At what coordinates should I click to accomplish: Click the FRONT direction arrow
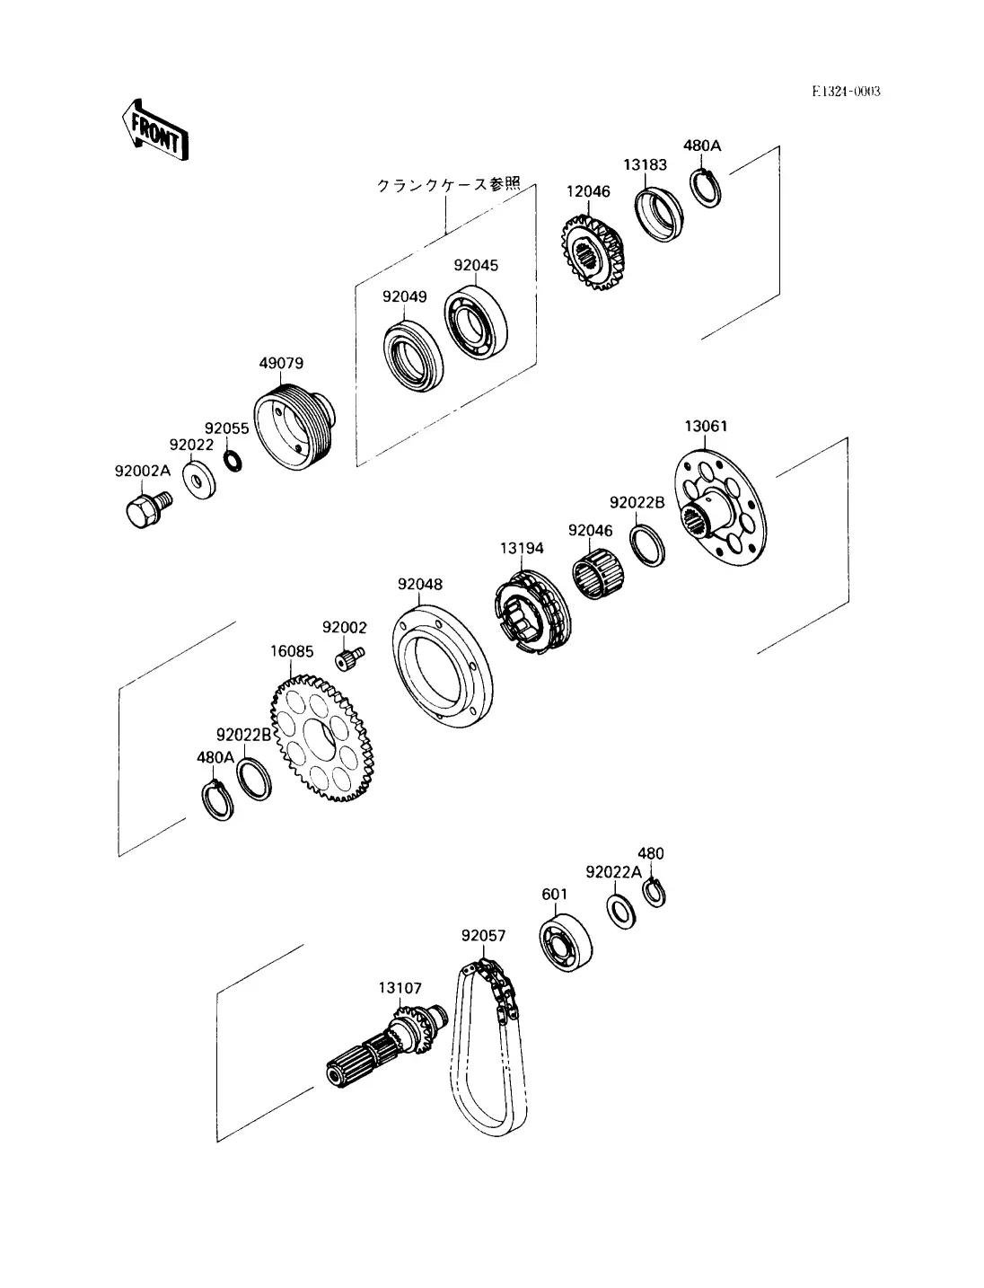click(155, 130)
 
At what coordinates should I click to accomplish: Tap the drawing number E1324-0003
click(847, 91)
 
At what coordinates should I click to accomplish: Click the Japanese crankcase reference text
click(448, 184)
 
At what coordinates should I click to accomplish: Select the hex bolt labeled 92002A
click(148, 509)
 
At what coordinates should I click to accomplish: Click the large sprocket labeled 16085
click(322, 737)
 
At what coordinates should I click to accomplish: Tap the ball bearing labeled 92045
click(476, 322)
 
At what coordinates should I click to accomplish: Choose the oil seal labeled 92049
click(413, 357)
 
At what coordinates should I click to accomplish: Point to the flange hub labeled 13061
click(720, 507)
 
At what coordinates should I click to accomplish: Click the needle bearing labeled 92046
click(598, 572)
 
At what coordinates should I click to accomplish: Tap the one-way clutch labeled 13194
click(532, 612)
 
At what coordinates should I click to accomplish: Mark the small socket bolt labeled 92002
click(349, 657)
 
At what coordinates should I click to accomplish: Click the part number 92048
click(420, 584)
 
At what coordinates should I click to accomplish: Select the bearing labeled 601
click(566, 942)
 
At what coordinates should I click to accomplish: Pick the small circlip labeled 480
click(654, 894)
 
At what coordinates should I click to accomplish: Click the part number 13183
click(645, 165)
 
